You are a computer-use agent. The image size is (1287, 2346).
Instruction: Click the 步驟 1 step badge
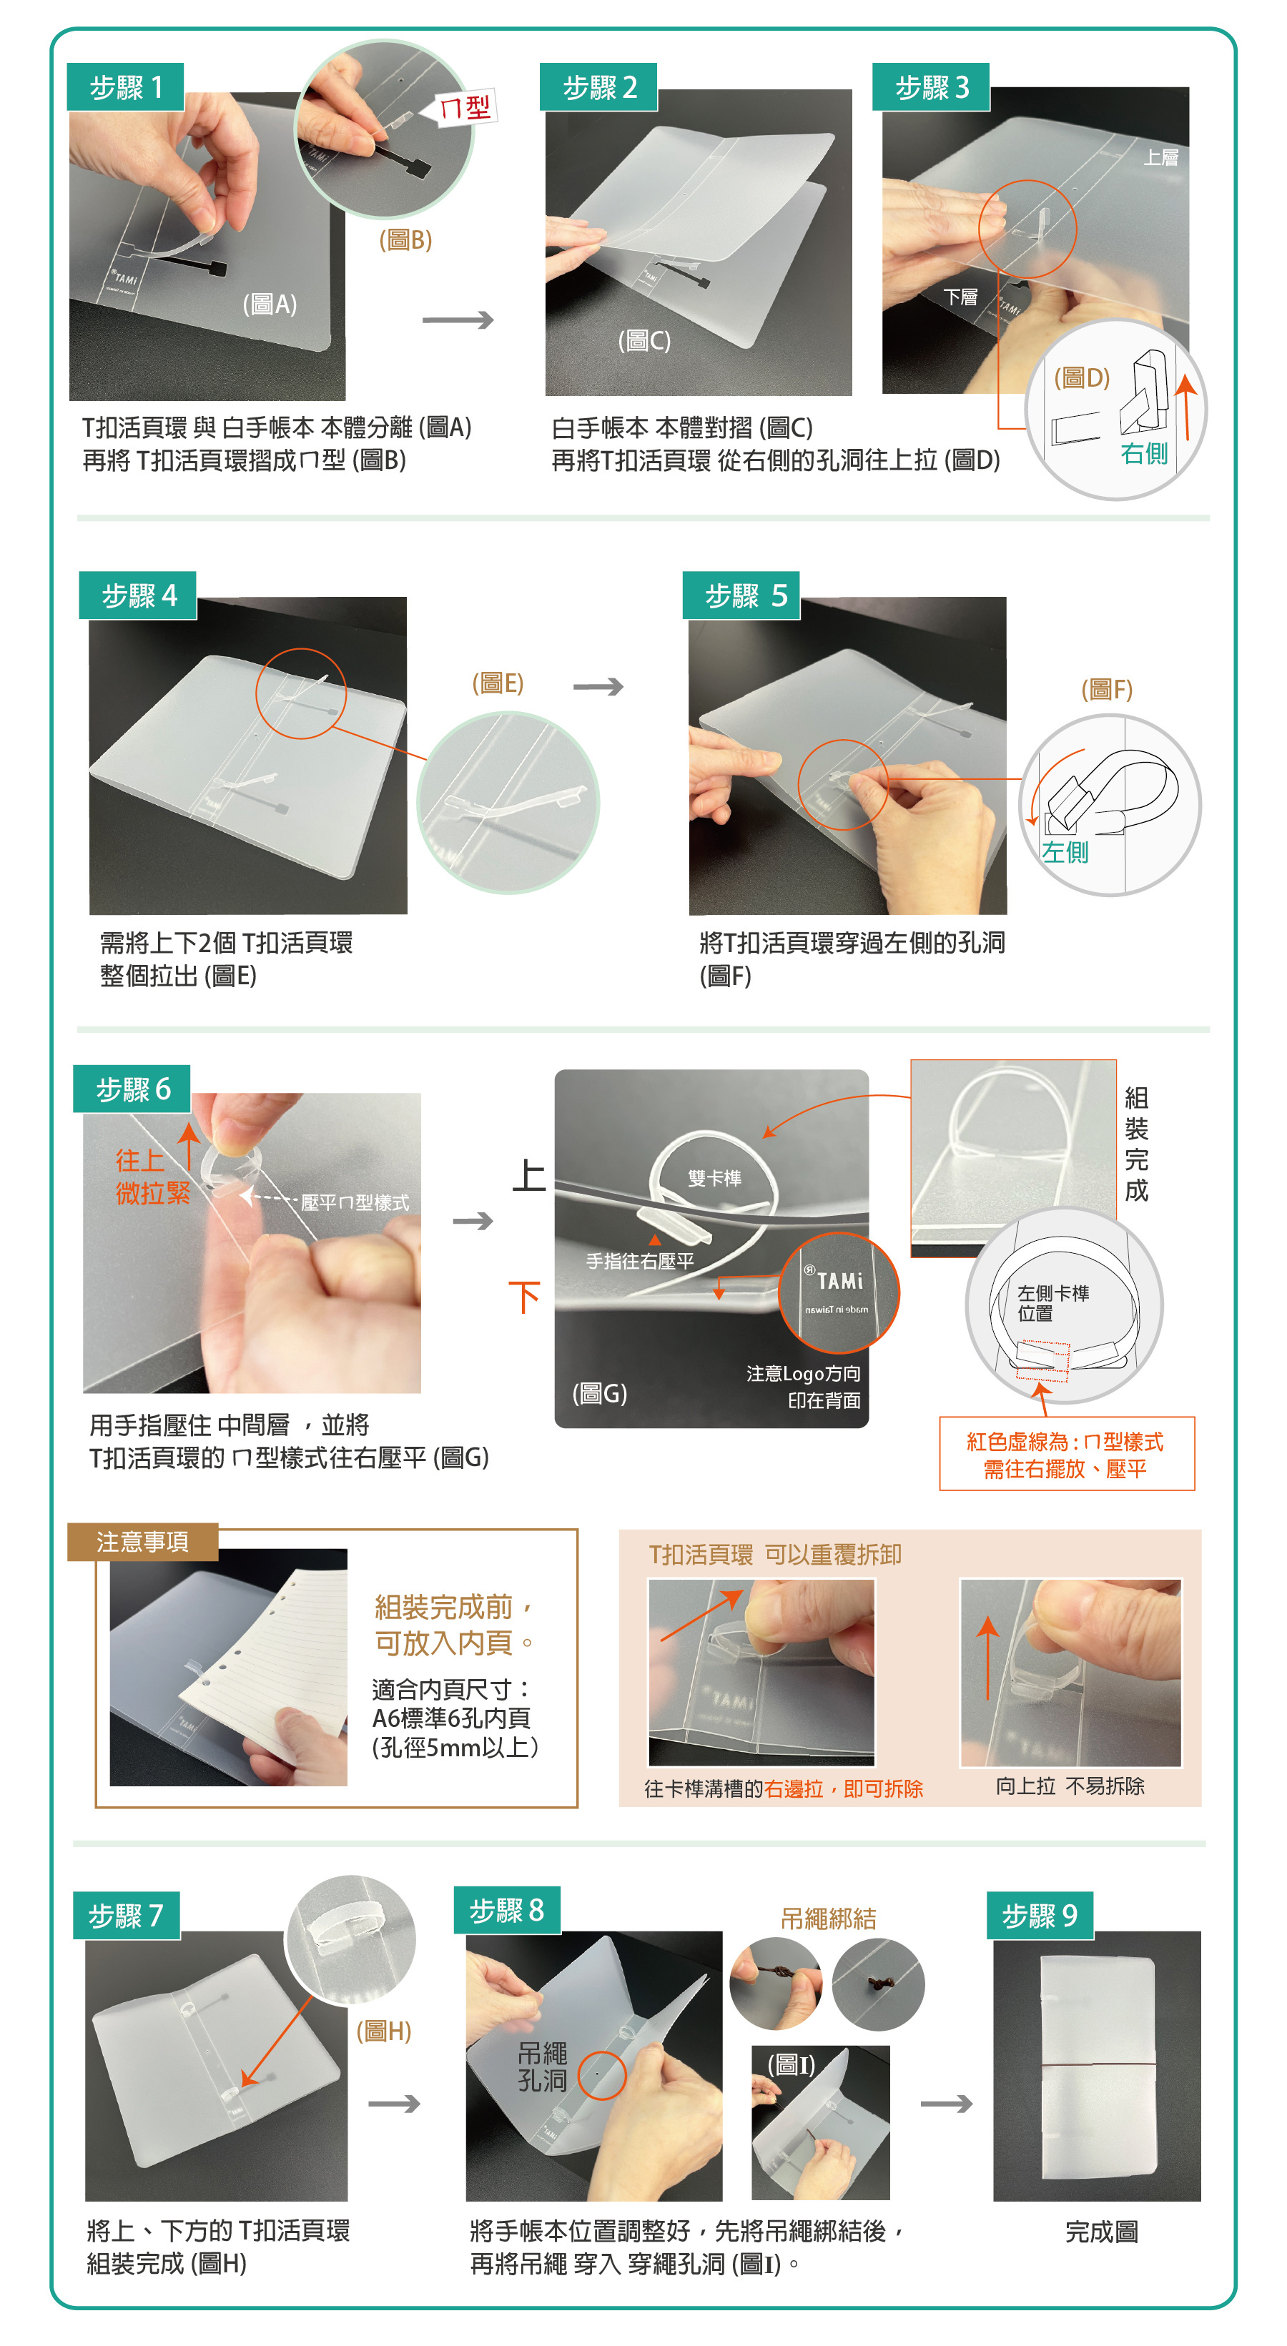click(x=126, y=87)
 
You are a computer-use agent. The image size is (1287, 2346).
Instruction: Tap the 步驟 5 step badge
click(x=741, y=595)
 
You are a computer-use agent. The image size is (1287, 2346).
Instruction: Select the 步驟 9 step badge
click(x=1040, y=1915)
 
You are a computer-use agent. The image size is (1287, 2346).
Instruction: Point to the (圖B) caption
click(x=405, y=239)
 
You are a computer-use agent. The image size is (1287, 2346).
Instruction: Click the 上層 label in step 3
click(x=1160, y=157)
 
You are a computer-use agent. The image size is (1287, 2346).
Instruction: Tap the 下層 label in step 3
click(x=960, y=297)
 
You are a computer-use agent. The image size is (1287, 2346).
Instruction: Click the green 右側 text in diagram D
click(x=1144, y=452)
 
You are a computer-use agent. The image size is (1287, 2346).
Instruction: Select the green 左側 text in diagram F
click(x=1065, y=853)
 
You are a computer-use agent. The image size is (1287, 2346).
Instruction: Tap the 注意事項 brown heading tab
click(x=143, y=1542)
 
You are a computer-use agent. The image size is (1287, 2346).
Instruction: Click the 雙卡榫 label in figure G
click(x=714, y=1179)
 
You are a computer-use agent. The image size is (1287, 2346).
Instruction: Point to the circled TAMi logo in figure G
click(x=839, y=1292)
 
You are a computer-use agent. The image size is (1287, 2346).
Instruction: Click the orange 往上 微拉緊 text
click(x=152, y=1177)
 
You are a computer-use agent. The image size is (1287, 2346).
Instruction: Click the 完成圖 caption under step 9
click(x=1101, y=2232)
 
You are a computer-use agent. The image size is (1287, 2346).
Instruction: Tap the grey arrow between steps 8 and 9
click(x=947, y=2104)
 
